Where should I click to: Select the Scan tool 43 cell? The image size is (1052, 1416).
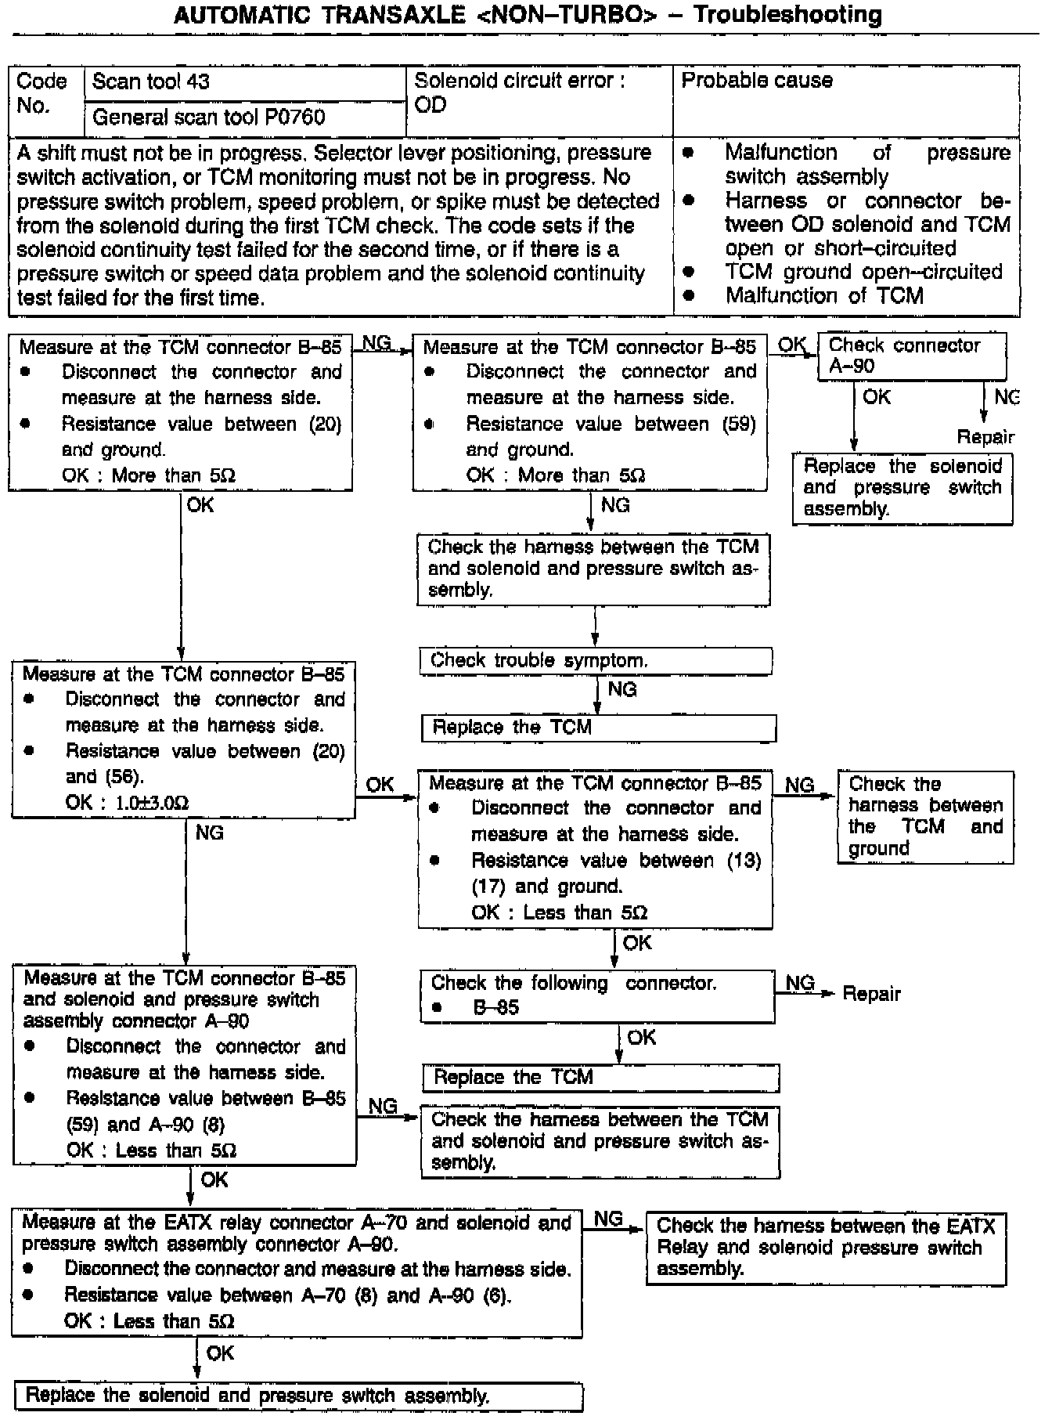[244, 82]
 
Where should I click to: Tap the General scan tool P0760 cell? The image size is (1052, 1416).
[244, 118]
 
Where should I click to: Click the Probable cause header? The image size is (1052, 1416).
[757, 81]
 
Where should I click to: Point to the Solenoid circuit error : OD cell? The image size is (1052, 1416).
[539, 92]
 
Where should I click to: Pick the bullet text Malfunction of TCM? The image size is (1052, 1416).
[823, 296]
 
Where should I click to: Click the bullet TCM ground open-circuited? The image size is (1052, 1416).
[863, 272]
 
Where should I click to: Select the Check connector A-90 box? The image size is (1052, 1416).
[912, 356]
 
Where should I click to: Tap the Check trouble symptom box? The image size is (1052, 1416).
[596, 661]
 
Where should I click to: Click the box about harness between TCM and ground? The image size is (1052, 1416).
[925, 817]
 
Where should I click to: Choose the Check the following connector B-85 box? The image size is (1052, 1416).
[597, 995]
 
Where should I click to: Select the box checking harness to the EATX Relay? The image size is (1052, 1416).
[826, 1248]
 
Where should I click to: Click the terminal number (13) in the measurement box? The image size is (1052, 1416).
[743, 861]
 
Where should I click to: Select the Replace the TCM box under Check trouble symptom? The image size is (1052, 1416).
[599, 728]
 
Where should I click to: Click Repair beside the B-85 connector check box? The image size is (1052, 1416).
[871, 994]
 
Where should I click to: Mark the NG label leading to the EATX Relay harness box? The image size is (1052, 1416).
[608, 1219]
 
